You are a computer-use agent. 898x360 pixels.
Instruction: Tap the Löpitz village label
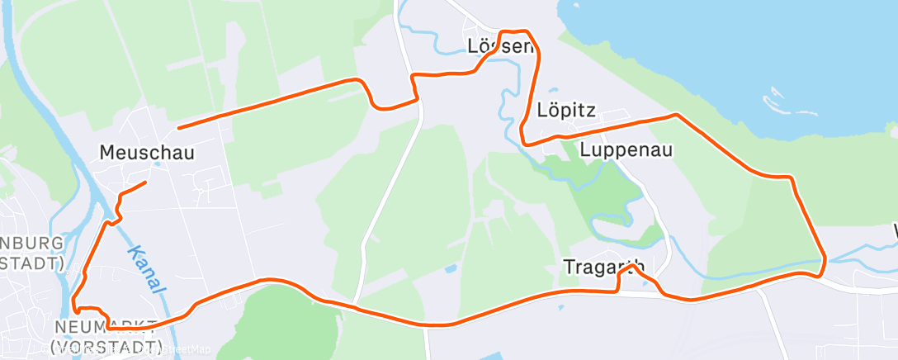point(566,110)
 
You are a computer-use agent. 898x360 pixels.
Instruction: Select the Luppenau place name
point(626,149)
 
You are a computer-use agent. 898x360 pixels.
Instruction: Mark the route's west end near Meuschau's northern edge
point(179,127)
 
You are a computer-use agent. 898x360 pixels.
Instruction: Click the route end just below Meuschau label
point(146,182)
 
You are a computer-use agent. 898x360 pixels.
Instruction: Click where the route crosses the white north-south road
point(356,308)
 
